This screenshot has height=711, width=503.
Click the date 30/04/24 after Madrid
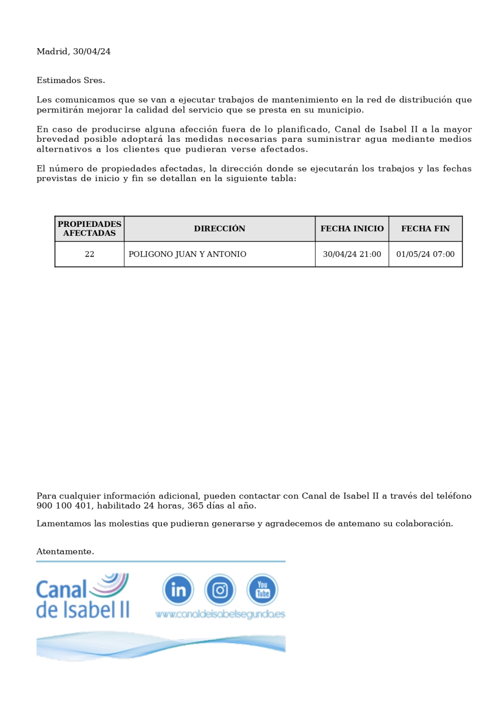92,52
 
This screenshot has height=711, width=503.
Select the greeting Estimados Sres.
71,81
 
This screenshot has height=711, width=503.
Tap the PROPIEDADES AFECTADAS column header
90,229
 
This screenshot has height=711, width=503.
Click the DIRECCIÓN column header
220,229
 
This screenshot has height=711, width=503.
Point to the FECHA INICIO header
352,229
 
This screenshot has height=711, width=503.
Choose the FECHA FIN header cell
425,229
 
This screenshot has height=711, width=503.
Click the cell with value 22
90,254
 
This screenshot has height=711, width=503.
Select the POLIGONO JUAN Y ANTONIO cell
187,254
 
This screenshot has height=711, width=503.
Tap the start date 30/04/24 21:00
352,254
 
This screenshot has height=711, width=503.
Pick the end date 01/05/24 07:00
425,254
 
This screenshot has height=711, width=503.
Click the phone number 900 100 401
64,506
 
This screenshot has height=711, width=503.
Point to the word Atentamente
65,552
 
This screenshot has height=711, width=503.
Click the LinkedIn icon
178,590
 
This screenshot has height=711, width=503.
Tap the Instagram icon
220,590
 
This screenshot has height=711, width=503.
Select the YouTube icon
262,590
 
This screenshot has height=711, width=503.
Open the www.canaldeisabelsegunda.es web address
220,614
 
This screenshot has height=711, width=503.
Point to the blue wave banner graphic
160,646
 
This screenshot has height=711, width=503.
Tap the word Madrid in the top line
52,52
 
